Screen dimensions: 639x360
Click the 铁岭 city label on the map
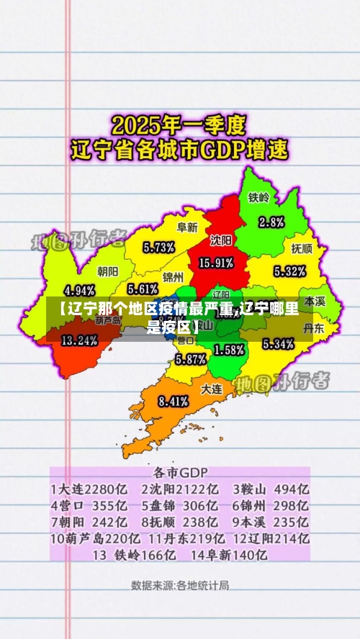pyautogui.click(x=259, y=197)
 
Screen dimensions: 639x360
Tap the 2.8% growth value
pyautogui.click(x=271, y=221)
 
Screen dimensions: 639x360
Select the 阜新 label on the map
pyautogui.click(x=187, y=227)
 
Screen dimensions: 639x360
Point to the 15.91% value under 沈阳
pyautogui.click(x=215, y=263)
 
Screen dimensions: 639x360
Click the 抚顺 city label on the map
pyautogui.click(x=302, y=248)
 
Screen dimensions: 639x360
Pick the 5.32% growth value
pyautogui.click(x=290, y=272)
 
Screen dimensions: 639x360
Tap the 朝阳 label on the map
pyautogui.click(x=108, y=271)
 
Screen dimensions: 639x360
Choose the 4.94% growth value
pyautogui.click(x=79, y=291)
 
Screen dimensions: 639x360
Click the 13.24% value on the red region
pyautogui.click(x=79, y=341)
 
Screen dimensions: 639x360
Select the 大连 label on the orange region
pyautogui.click(x=211, y=388)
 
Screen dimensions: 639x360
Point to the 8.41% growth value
pyautogui.click(x=174, y=402)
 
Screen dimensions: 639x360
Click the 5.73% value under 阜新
pyautogui.click(x=158, y=248)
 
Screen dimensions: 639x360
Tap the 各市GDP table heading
pyautogui.click(x=180, y=473)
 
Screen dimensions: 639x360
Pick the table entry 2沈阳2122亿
pyautogui.click(x=179, y=489)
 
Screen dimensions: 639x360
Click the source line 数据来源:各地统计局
pyautogui.click(x=180, y=585)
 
